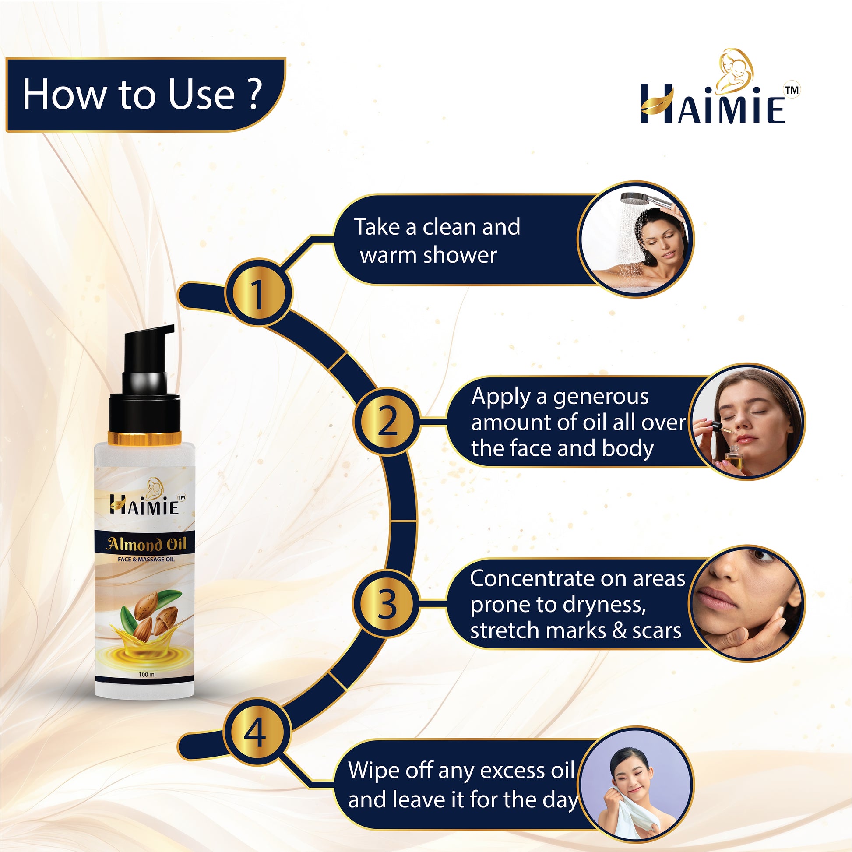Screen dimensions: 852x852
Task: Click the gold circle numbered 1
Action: (258, 293)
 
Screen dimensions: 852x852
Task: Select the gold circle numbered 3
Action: (386, 604)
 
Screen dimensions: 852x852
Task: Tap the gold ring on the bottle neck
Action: (145, 438)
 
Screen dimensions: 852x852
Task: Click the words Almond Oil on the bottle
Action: (146, 545)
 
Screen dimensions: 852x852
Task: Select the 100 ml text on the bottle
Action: (147, 674)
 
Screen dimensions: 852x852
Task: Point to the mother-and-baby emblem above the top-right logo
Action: (734, 70)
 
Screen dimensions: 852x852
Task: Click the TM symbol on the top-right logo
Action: (792, 90)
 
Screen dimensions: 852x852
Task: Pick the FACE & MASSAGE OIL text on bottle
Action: (146, 559)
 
